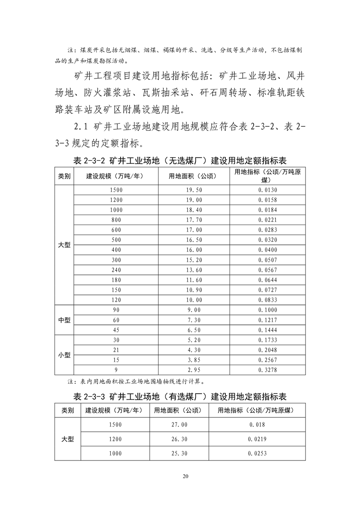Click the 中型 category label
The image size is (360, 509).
(x=64, y=320)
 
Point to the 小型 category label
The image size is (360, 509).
(x=64, y=355)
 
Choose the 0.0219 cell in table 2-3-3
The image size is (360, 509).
(x=257, y=439)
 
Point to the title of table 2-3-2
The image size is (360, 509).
(x=180, y=161)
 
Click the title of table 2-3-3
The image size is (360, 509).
(x=180, y=396)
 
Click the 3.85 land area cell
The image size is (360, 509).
(x=194, y=360)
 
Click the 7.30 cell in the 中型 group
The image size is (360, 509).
(x=194, y=320)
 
